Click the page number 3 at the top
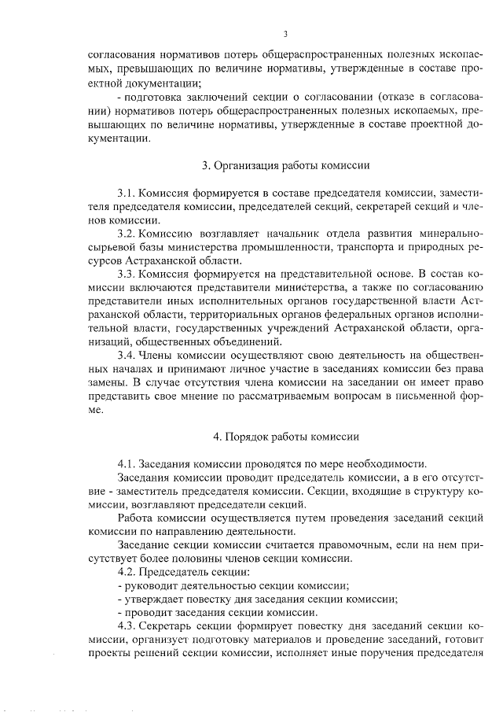[x=285, y=33]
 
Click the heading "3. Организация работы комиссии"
[x=286, y=165]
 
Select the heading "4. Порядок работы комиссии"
[x=286, y=435]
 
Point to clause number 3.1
[x=126, y=193]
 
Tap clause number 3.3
[x=126, y=274]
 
